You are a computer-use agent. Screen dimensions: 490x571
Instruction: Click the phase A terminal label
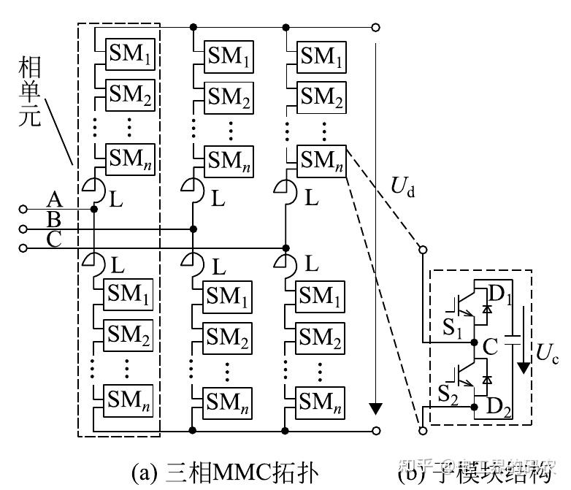coord(54,199)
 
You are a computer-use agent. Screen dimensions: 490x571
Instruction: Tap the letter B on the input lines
coord(54,218)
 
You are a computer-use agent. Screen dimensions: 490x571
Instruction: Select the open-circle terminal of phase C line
coord(23,249)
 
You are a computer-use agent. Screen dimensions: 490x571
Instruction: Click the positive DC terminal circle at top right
coord(375,28)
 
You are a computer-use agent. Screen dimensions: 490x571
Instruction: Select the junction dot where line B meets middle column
coord(193,229)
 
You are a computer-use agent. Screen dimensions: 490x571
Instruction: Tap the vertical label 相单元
coord(30,92)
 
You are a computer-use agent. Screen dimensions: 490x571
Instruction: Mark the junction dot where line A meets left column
coord(94,210)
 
